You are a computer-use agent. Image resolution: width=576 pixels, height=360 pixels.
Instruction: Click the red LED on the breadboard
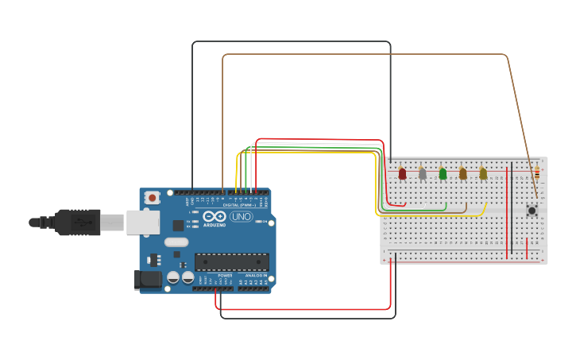click(402, 173)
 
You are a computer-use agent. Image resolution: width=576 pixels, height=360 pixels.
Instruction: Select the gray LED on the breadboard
click(423, 173)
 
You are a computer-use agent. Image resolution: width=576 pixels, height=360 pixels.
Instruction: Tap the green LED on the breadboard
click(443, 173)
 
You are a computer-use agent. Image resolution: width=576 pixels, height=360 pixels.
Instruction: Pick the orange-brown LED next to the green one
click(463, 173)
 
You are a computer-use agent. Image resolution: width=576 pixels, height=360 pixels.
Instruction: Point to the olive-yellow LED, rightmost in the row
click(483, 173)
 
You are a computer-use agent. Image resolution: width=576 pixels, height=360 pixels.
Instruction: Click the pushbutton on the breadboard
click(532, 211)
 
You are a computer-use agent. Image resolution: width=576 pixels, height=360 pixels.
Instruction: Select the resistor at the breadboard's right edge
click(536, 173)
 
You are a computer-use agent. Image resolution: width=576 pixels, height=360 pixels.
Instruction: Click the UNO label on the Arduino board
click(241, 217)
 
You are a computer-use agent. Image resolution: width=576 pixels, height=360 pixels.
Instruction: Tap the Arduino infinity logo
click(214, 216)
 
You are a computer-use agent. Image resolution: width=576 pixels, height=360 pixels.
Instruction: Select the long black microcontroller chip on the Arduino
click(231, 262)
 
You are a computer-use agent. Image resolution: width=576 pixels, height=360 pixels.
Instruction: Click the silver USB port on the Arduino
click(143, 223)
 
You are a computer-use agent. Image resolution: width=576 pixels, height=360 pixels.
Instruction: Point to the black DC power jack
click(148, 279)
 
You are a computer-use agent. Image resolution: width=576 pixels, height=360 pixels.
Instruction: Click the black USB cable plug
click(77, 223)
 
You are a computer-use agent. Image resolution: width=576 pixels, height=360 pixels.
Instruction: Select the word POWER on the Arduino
click(225, 276)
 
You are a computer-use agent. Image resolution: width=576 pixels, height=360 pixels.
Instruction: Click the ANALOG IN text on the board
click(255, 276)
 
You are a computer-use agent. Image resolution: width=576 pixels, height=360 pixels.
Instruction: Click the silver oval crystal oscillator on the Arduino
click(176, 242)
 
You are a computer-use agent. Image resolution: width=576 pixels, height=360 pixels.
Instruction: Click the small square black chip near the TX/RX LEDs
click(178, 226)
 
